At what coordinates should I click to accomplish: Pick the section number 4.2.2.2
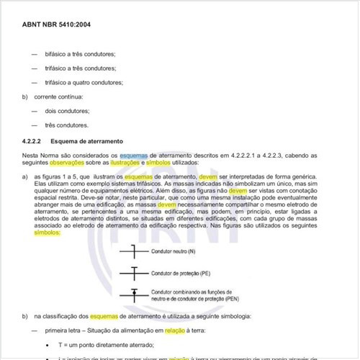pos(35,141)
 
